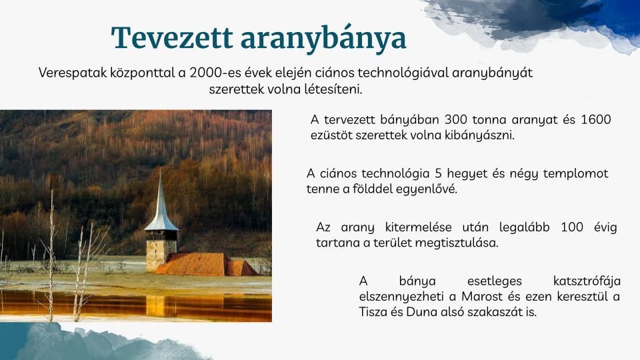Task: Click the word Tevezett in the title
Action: click(x=172, y=38)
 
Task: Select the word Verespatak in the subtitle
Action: click(x=73, y=73)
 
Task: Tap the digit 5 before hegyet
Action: click(x=439, y=173)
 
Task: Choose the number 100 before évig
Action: click(x=572, y=227)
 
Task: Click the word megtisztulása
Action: click(x=457, y=243)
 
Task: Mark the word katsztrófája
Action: click(x=587, y=281)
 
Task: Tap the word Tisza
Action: click(x=373, y=312)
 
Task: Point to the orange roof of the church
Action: click(x=193, y=264)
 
